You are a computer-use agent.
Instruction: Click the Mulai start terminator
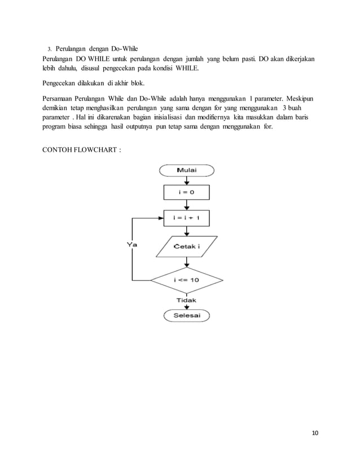pos(187,170)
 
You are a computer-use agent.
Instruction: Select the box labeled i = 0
pos(187,193)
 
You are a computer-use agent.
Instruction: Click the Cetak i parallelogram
pos(187,247)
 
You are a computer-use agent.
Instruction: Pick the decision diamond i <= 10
pos(187,279)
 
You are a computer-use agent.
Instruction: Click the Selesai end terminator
pos(187,315)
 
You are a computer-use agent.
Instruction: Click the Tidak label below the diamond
pos(187,301)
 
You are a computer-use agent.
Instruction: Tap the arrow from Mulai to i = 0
pos(187,181)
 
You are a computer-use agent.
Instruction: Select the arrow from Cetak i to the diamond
pos(187,261)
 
